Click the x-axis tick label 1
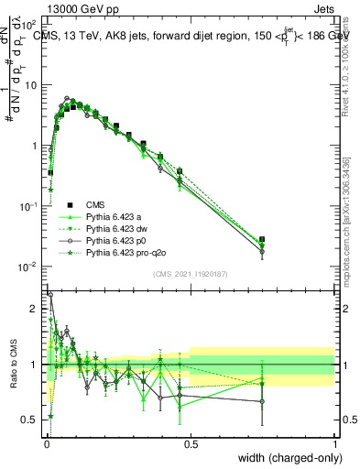pos(334,442)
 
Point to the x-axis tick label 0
pos(46,442)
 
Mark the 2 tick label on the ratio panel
pos(35,309)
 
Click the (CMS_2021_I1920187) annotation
pos(191,274)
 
